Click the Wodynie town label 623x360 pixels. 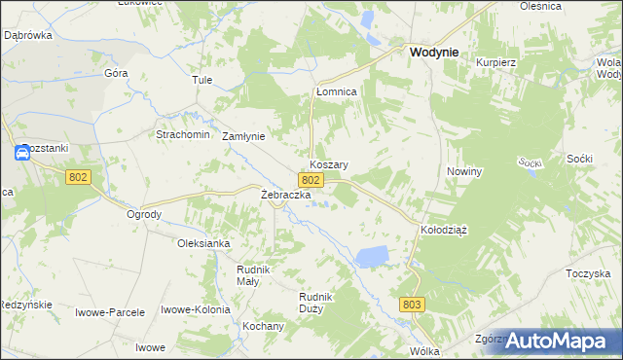434,53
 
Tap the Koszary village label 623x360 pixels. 329,165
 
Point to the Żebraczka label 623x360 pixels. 285,195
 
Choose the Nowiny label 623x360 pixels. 464,171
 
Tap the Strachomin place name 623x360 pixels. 183,134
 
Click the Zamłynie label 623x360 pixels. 243,136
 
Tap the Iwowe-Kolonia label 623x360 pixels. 195,309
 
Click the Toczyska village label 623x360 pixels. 587,274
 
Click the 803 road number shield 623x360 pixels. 412,305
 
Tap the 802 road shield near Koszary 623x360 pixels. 311,181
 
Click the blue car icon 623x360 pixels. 22,153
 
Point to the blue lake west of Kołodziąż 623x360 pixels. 372,256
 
